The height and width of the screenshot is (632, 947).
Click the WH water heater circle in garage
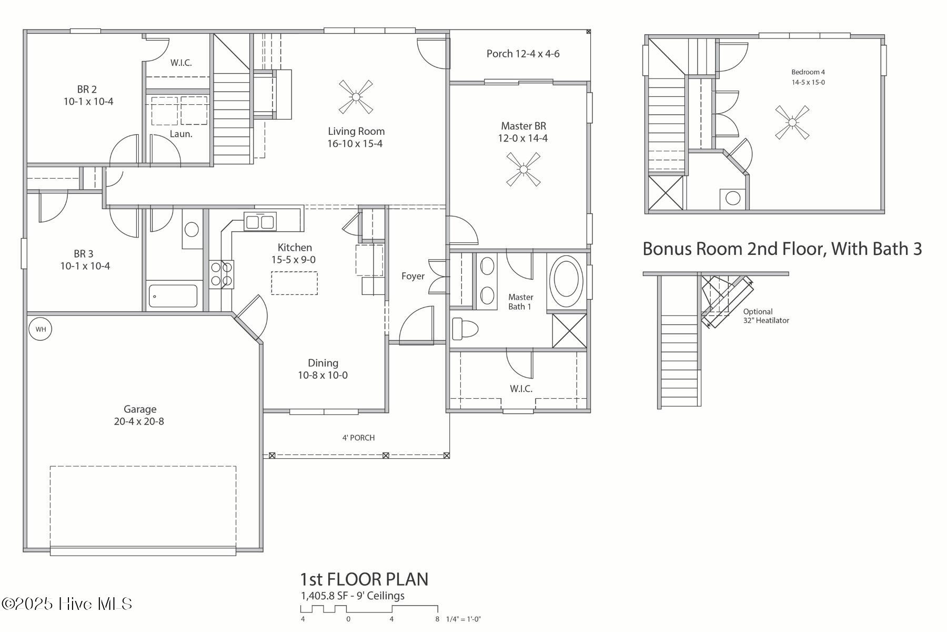pyautogui.click(x=41, y=329)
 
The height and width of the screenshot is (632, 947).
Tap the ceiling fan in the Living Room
pyautogui.click(x=356, y=97)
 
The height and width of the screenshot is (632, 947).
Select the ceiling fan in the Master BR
pyautogui.click(x=523, y=170)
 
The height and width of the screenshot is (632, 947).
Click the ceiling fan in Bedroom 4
pyautogui.click(x=792, y=123)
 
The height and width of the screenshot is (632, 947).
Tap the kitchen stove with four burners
pyautogui.click(x=221, y=274)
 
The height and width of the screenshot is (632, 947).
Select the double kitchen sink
pyautogui.click(x=260, y=222)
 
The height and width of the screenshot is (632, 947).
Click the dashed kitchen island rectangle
pyautogui.click(x=294, y=283)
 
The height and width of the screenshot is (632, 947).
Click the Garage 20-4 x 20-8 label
pyautogui.click(x=139, y=415)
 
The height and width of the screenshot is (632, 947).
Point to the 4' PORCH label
pyautogui.click(x=358, y=438)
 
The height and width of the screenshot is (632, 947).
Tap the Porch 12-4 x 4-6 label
pyautogui.click(x=522, y=54)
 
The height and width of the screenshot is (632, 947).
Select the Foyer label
pyautogui.click(x=412, y=276)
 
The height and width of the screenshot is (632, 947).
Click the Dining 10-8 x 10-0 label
pyautogui.click(x=323, y=369)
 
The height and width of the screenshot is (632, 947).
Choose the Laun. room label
pyautogui.click(x=181, y=134)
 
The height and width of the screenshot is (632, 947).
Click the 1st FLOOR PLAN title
pyautogui.click(x=364, y=579)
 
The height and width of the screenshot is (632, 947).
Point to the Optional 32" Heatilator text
pyautogui.click(x=765, y=316)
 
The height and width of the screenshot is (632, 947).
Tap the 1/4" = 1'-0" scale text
pyautogui.click(x=463, y=619)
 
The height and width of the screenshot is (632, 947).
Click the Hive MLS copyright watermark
pyautogui.click(x=67, y=604)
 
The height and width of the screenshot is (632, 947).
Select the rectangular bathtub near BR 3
pyautogui.click(x=173, y=296)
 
